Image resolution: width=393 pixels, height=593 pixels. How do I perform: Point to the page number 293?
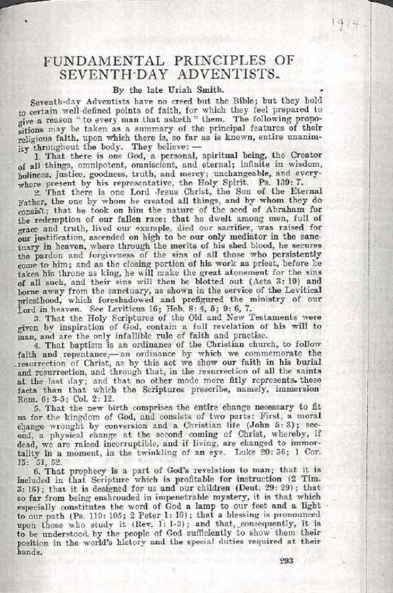(286, 561)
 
